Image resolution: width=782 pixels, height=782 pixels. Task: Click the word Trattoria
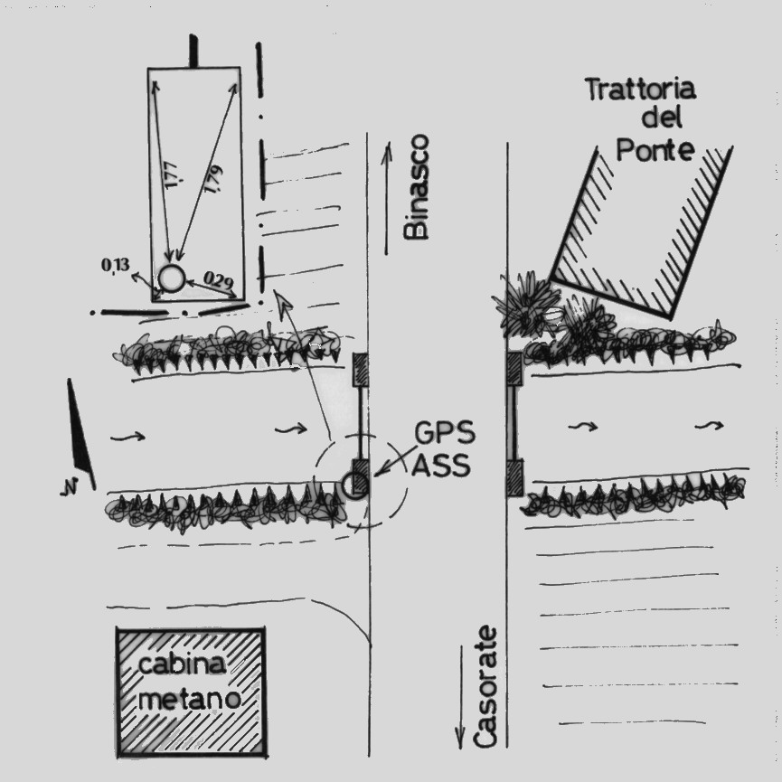coord(640,90)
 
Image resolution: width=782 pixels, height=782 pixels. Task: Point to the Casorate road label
coord(486,686)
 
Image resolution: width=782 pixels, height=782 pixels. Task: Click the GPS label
coord(442,434)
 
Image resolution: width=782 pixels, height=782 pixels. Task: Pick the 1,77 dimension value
coord(172,172)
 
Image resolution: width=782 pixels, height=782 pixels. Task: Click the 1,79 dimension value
coord(214,179)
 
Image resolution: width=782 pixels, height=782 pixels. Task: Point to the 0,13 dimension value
coord(115,264)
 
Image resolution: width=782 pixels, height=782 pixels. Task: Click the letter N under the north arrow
coord(67,491)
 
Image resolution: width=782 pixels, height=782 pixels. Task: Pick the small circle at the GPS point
coord(353,485)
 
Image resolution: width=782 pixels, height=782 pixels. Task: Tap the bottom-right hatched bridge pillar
coord(514,477)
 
